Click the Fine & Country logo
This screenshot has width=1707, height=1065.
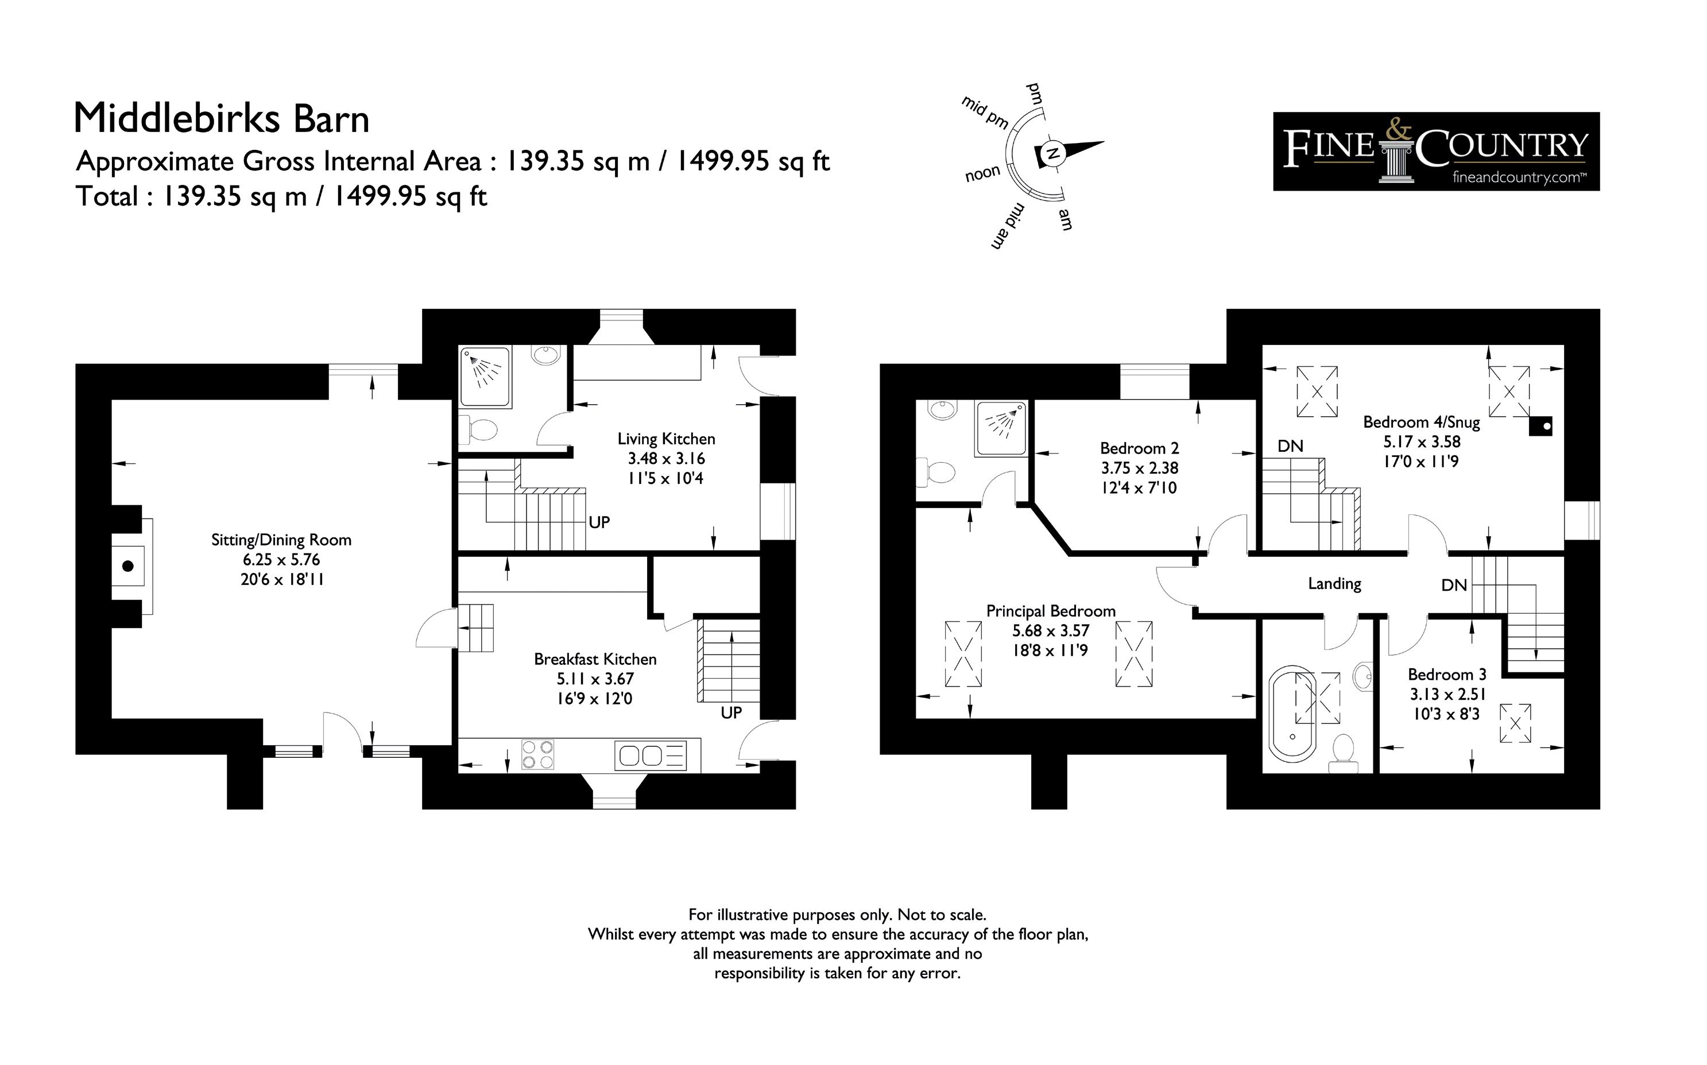[x=1436, y=152]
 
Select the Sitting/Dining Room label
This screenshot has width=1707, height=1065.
[x=281, y=540]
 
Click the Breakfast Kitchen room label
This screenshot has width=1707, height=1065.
[x=595, y=659]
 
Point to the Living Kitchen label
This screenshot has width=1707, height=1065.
[x=666, y=439]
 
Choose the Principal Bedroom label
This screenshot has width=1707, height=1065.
[x=1051, y=611]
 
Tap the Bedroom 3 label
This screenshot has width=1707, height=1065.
[x=1447, y=675]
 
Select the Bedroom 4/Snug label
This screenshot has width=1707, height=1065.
[x=1421, y=423]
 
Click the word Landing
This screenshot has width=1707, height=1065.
[x=1334, y=584]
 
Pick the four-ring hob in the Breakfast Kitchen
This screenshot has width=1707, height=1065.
[x=537, y=755]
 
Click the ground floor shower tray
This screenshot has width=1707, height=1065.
[x=485, y=376]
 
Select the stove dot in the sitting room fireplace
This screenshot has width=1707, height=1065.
[x=128, y=566]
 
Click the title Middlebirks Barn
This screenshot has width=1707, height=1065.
[x=222, y=118]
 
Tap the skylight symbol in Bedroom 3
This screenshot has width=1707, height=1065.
[x=1515, y=723]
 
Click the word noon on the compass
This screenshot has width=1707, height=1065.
[x=982, y=173]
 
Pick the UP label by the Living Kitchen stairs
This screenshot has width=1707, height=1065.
[x=599, y=522]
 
